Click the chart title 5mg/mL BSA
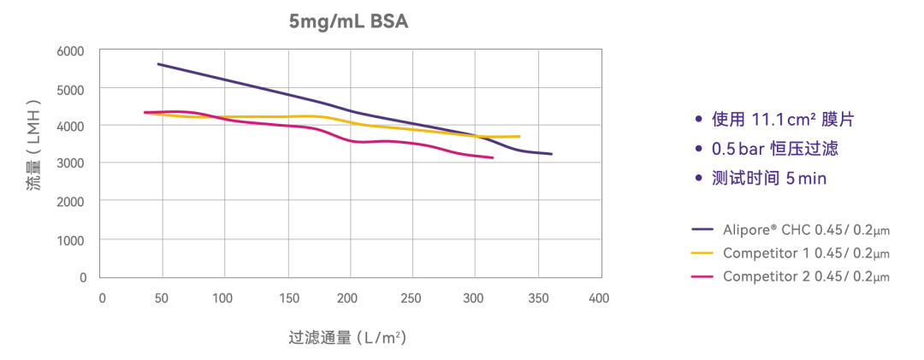click(348, 21)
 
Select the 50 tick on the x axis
click(163, 298)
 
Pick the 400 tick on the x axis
click(599, 298)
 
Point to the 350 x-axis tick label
click(537, 298)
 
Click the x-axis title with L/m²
click(346, 338)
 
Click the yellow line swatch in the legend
click(702, 253)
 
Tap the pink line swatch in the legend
click(702, 276)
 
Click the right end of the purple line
click(552, 155)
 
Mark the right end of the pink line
click(494, 158)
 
